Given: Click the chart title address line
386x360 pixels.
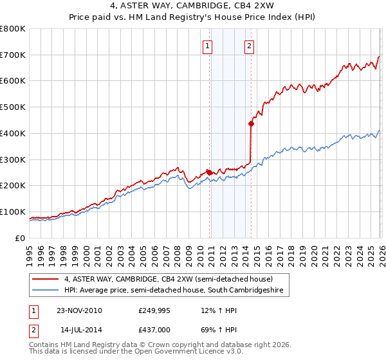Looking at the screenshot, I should (x=193, y=5).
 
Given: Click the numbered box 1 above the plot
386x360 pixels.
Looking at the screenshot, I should (x=208, y=46).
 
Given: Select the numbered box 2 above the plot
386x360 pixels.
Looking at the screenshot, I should (x=249, y=46).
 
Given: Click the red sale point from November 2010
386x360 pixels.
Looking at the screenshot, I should (x=210, y=172).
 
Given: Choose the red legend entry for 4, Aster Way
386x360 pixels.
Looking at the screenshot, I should (x=168, y=279).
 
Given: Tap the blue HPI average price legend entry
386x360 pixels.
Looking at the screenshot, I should (x=174, y=291).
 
